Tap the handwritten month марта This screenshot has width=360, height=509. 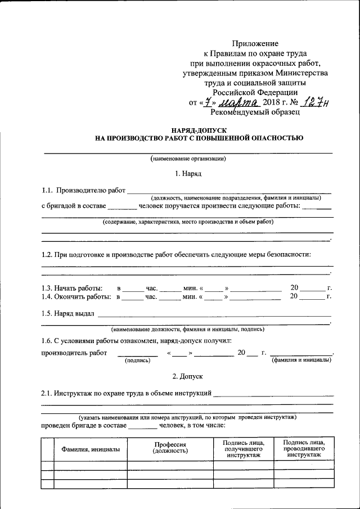click(x=239, y=102)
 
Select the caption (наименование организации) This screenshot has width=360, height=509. click(x=188, y=159)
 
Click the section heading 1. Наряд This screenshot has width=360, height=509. click(x=188, y=174)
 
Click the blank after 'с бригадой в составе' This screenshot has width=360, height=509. click(x=121, y=206)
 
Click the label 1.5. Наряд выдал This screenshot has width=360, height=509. click(x=68, y=313)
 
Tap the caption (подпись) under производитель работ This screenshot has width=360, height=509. click(x=137, y=360)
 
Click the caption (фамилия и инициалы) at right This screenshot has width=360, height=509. click(x=301, y=360)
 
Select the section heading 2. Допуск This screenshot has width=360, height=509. click(x=188, y=375)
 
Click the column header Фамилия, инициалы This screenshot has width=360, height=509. click(x=86, y=449)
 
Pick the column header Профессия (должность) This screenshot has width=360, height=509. click(x=170, y=448)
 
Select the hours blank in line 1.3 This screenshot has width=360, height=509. click(x=133, y=288)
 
